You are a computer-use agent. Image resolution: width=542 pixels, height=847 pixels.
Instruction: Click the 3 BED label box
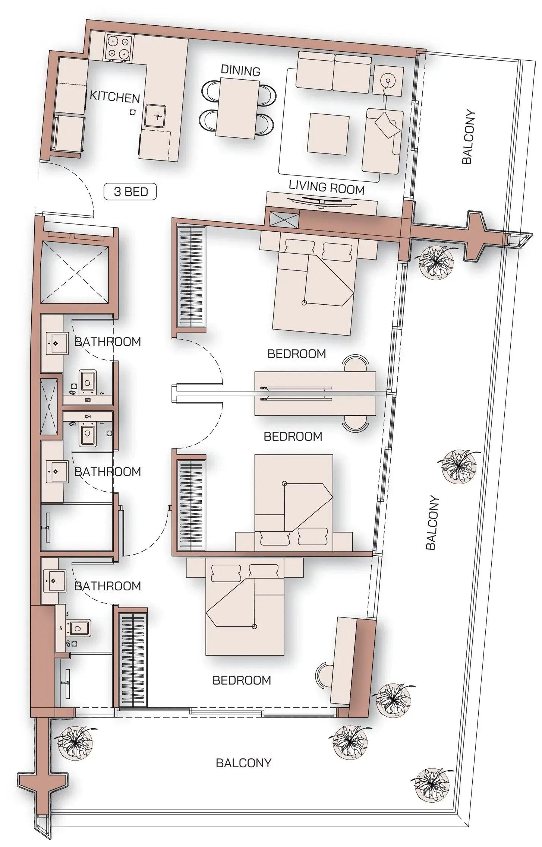(130, 192)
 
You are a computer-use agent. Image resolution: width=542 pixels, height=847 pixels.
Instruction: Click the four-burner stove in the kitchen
(118, 48)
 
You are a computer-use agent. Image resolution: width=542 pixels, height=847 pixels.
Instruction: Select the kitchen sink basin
(155, 116)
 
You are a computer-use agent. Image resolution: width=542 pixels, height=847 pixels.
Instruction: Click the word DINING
(240, 71)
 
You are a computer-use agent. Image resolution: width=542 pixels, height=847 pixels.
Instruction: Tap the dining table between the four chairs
(239, 107)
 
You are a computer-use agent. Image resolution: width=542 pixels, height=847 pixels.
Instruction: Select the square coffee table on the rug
(328, 133)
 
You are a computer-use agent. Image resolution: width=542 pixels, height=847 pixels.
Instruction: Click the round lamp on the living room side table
(388, 80)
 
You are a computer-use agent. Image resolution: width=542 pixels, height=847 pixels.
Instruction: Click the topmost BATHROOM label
(108, 342)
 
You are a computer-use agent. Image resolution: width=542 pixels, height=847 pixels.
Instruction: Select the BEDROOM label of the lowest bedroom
(242, 680)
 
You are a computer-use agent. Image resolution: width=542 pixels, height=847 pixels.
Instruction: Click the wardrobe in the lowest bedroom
(133, 660)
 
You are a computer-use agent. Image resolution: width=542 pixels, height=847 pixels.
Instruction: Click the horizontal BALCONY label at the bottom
(243, 763)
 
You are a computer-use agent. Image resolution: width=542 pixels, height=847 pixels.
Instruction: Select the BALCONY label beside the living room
(468, 137)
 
